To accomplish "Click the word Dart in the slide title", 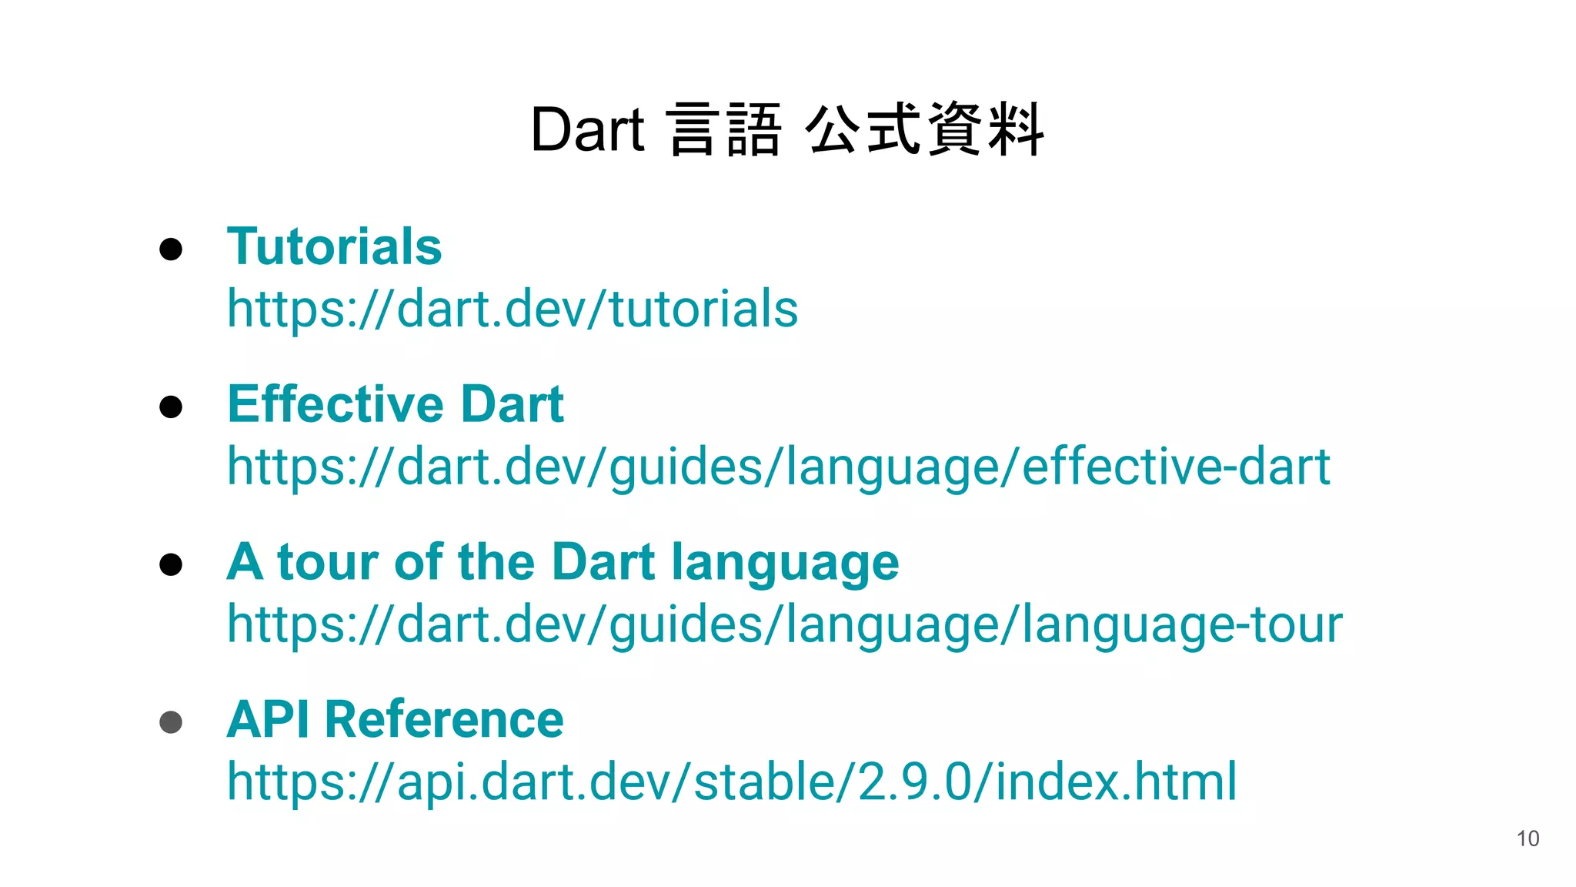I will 587,129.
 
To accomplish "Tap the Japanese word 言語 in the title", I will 724,129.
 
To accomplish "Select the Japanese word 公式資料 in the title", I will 924,129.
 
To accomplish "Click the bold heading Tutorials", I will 334,246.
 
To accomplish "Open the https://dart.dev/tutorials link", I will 513,309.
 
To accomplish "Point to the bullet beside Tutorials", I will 171,249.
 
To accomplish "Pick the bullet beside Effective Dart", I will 171,407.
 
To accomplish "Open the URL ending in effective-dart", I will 778,467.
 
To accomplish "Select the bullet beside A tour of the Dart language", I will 171,564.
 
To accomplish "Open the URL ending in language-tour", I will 784,624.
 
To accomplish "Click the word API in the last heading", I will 269,719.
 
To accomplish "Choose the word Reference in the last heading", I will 444,719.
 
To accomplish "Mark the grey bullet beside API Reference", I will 171,722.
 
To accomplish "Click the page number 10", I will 1528,838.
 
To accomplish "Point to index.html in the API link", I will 1116,782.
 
